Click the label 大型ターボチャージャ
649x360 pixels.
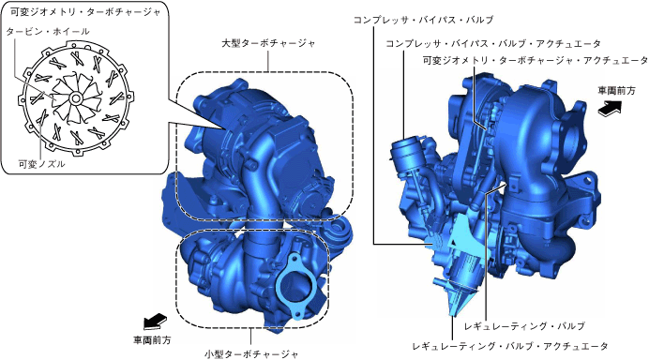coord(268,43)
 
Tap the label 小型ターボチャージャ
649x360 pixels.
coord(251,354)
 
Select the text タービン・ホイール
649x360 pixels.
coord(48,31)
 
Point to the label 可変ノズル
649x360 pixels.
coord(42,164)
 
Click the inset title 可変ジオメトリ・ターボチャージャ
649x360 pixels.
coord(85,12)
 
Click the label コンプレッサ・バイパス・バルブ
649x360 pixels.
coord(423,20)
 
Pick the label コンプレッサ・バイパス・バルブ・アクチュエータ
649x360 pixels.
coord(493,43)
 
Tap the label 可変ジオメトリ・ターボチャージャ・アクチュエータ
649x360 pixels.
coord(536,60)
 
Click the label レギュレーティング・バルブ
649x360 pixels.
coord(525,326)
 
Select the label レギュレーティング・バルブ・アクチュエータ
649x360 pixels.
coord(510,346)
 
